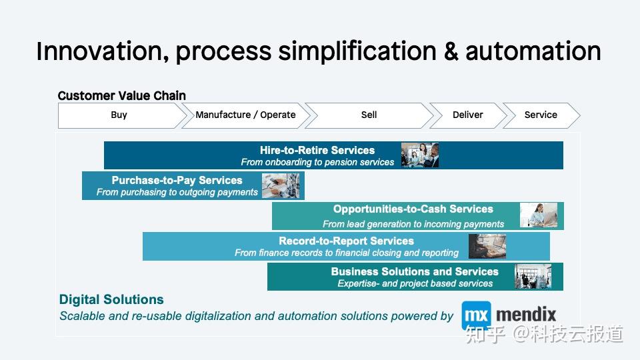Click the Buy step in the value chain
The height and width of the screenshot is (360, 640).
(x=119, y=115)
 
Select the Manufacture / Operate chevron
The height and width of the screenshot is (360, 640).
(x=245, y=115)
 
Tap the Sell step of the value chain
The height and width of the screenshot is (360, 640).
(x=369, y=115)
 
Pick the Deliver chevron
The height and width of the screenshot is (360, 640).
(x=468, y=115)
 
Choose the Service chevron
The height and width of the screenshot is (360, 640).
(x=541, y=115)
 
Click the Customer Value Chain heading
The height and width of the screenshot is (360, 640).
(x=121, y=95)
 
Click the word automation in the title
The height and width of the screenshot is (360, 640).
(x=533, y=51)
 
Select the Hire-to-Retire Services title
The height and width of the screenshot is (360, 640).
(x=317, y=150)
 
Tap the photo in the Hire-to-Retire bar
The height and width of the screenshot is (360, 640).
(x=420, y=155)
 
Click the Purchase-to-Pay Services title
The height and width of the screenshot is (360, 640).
(x=177, y=181)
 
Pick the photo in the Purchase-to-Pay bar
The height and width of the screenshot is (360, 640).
(x=281, y=186)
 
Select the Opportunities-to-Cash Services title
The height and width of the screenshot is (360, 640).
(x=413, y=209)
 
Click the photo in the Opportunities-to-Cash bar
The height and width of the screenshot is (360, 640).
(x=539, y=215)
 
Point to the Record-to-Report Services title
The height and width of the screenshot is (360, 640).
(x=346, y=241)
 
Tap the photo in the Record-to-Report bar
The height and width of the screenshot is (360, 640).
(x=487, y=247)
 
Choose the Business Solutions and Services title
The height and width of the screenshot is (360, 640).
(x=415, y=271)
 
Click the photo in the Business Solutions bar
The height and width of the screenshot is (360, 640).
(x=533, y=276)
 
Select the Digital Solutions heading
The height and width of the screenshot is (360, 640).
(x=111, y=299)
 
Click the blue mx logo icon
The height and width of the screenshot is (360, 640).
(x=476, y=315)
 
